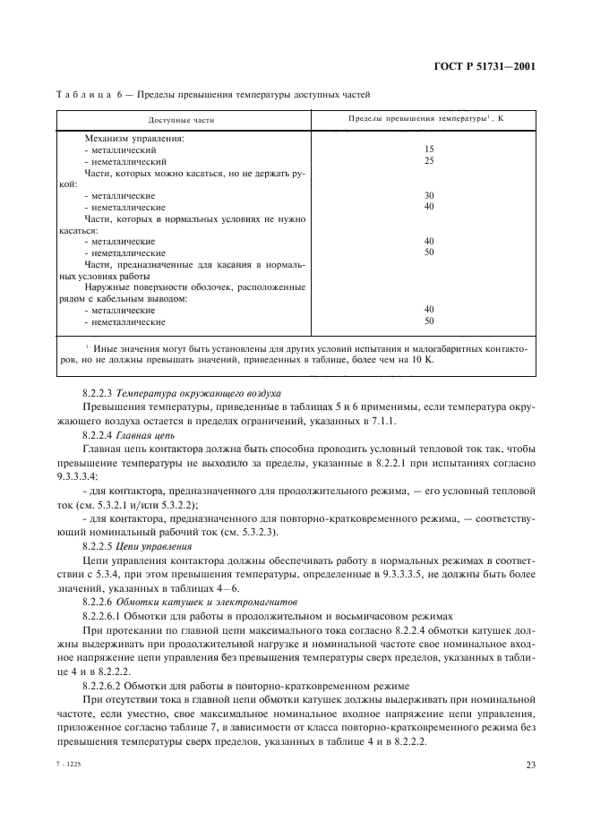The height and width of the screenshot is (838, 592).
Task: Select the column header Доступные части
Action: click(x=182, y=119)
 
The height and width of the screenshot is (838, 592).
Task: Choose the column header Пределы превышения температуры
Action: click(x=425, y=118)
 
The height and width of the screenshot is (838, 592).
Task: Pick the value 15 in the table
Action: click(x=429, y=150)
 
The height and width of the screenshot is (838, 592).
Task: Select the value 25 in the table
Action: click(x=429, y=161)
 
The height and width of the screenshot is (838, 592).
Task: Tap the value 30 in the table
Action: click(x=429, y=195)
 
